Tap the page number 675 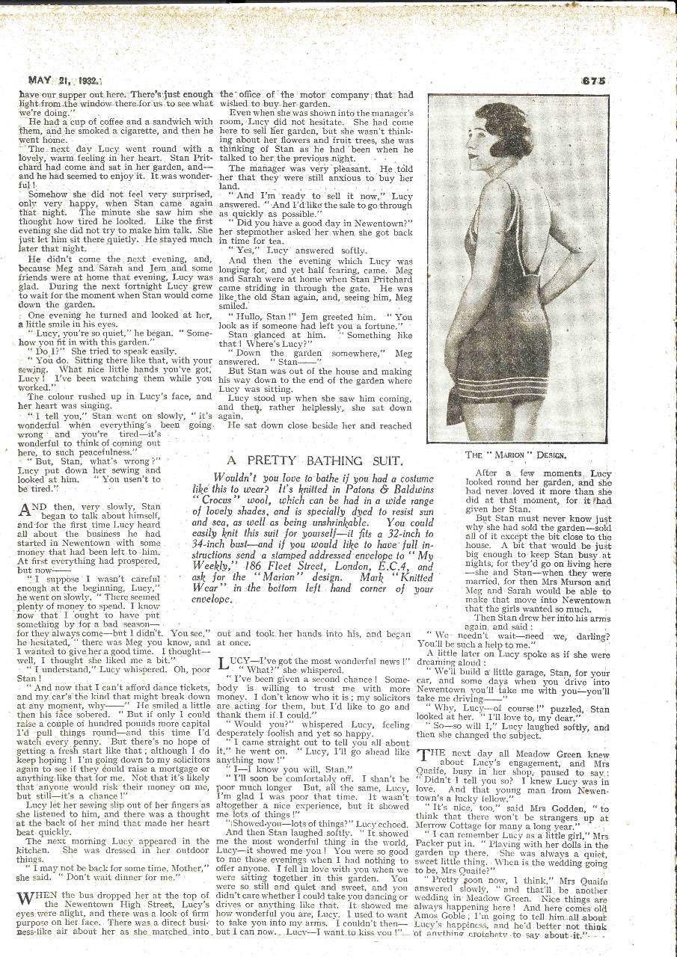(x=591, y=81)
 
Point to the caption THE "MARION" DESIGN (x=516, y=454)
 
